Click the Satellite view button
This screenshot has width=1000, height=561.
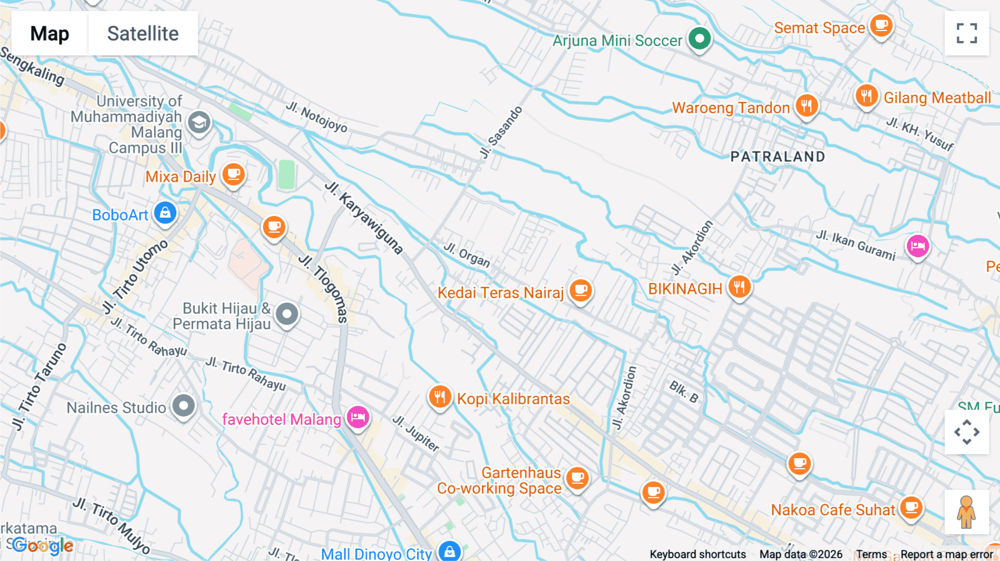point(143,33)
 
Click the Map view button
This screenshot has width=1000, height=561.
point(49,33)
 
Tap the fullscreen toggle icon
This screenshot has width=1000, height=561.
point(967,33)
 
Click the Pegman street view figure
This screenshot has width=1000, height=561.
point(966,512)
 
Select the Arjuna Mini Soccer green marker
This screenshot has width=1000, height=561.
point(699,39)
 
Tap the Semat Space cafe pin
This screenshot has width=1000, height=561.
point(881,26)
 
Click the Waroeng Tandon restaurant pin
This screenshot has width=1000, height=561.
point(807,105)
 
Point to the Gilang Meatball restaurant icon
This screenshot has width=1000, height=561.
point(867,96)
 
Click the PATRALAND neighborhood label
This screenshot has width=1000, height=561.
point(778,157)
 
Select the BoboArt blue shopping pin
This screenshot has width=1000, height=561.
point(165,213)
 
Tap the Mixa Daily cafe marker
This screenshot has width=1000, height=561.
point(234,174)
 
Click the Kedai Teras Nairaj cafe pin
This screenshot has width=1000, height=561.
point(581,290)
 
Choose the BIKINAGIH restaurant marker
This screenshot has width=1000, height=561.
point(739,287)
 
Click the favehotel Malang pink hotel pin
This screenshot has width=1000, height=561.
point(358,417)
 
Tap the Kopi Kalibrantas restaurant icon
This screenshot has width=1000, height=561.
point(439,397)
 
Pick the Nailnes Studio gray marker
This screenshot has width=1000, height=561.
point(183,406)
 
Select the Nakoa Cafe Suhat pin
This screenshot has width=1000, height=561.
point(911,507)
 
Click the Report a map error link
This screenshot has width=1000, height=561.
point(947,554)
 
